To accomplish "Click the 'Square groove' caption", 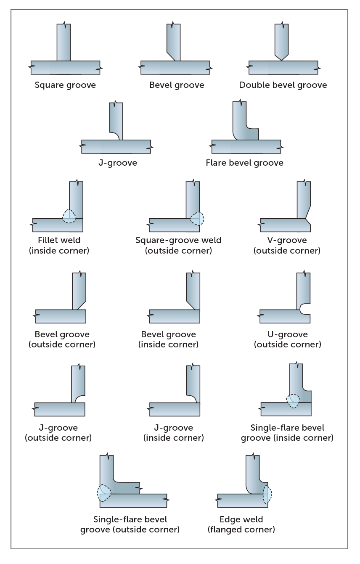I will pyautogui.click(x=65, y=85).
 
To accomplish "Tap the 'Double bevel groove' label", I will pyautogui.click(x=283, y=85).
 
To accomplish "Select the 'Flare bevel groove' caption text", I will pyautogui.click(x=244, y=162).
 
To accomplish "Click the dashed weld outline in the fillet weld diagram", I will pyautogui.click(x=69, y=216).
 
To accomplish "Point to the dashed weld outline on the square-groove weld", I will pyautogui.click(x=197, y=218).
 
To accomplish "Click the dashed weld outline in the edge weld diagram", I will pyautogui.click(x=267, y=494).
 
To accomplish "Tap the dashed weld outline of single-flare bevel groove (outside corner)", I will pyautogui.click(x=104, y=493).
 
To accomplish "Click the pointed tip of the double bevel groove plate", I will pyautogui.click(x=281, y=60).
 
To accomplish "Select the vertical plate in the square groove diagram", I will pyautogui.click(x=64, y=42).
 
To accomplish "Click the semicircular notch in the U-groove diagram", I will pyautogui.click(x=304, y=310).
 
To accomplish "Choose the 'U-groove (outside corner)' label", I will pyautogui.click(x=287, y=339).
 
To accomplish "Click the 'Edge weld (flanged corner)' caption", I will pyautogui.click(x=241, y=524).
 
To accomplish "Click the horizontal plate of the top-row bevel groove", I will pyautogui.click(x=175, y=67).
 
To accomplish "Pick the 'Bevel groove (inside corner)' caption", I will pyautogui.click(x=168, y=339).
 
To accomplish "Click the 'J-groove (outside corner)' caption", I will pyautogui.click(x=58, y=433).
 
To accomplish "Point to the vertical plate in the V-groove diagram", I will pyautogui.click(x=304, y=198).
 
